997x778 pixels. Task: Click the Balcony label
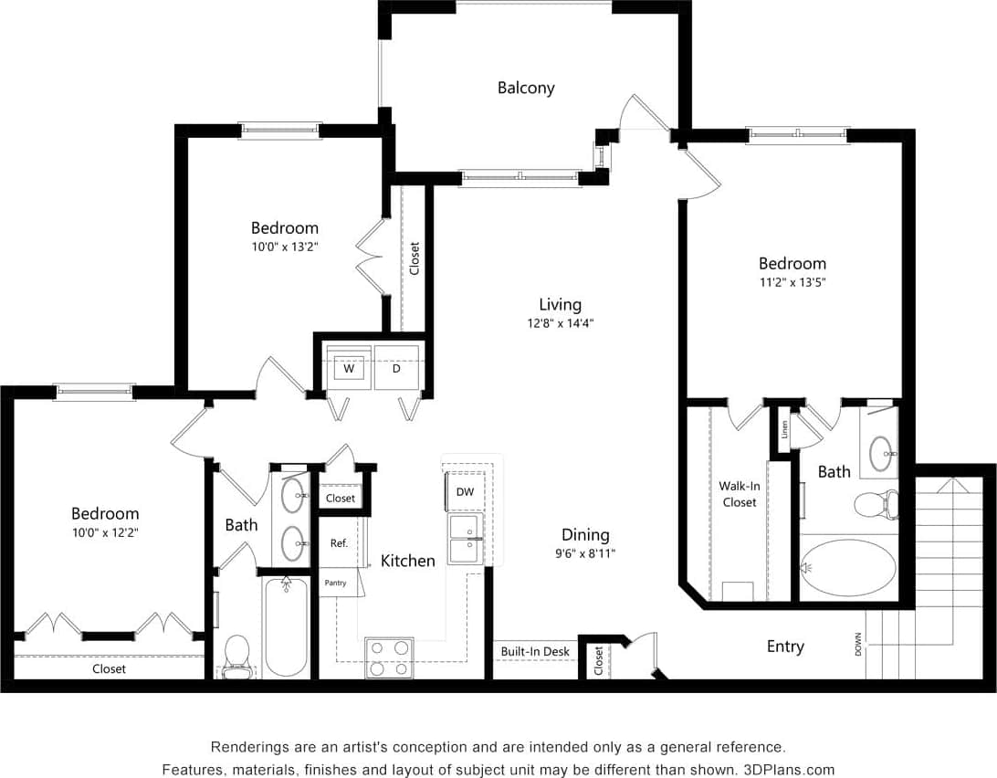pos(526,89)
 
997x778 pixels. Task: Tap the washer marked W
pos(349,369)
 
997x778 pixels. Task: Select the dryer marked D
pos(396,369)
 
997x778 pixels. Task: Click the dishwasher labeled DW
pos(465,491)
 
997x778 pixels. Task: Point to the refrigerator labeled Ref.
pos(339,543)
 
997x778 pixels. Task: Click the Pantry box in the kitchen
pos(335,583)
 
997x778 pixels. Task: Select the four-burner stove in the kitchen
pos(389,657)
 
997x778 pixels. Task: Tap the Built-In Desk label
pos(535,652)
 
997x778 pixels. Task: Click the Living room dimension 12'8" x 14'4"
pos(560,322)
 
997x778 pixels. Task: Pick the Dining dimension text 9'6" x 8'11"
pos(585,552)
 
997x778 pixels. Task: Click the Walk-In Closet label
pos(740,494)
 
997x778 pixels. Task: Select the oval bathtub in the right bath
pos(848,568)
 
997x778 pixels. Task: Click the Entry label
pos(785,647)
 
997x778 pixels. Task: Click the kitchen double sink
pos(465,539)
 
